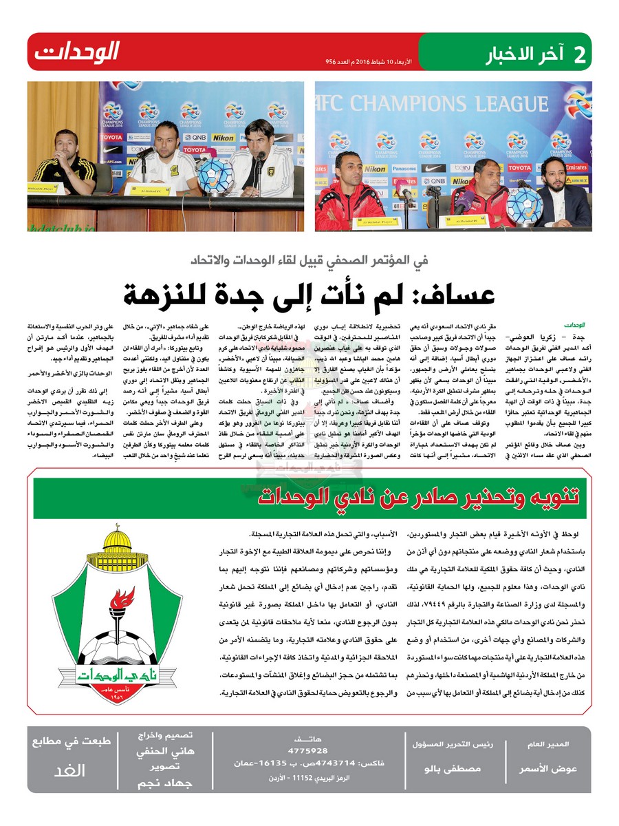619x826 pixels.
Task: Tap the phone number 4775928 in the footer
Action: coord(308,750)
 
